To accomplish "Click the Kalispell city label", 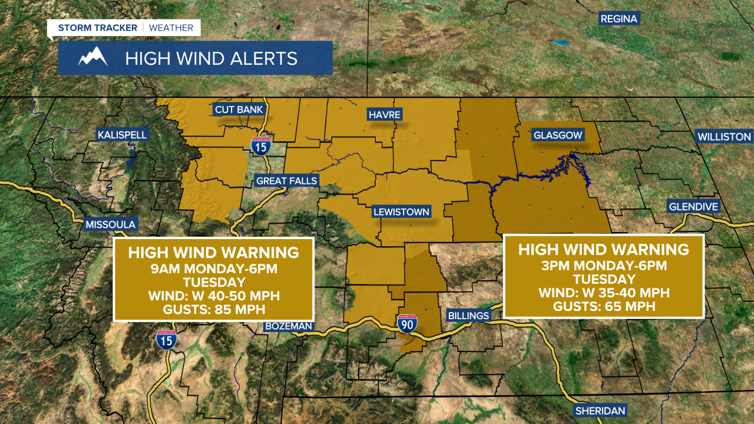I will click(x=123, y=135).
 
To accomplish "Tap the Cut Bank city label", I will click(x=239, y=110).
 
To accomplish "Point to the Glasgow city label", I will click(x=557, y=135).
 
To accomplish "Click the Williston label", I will click(x=724, y=137).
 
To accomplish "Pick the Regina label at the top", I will click(x=619, y=19).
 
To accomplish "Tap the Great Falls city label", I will click(x=286, y=181).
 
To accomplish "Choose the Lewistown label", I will click(x=401, y=212).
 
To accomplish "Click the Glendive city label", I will click(x=693, y=207).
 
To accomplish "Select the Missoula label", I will click(x=111, y=224).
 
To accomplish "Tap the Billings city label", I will click(x=468, y=316).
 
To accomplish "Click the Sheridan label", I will click(x=600, y=410).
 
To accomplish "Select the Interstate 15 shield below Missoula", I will click(x=166, y=340).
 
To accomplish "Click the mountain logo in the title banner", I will click(x=93, y=58).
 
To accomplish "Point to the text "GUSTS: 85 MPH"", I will click(x=213, y=309).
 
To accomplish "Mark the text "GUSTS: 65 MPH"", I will click(x=604, y=306).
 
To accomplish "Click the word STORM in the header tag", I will click(x=77, y=28).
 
